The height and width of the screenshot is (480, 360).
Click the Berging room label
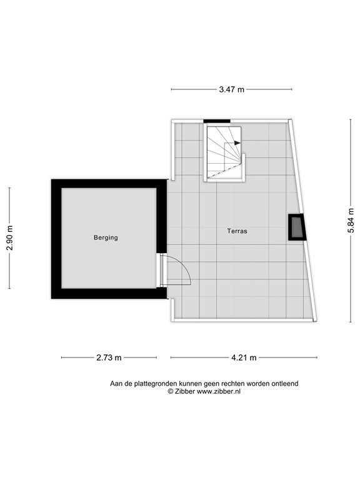(x=106, y=237)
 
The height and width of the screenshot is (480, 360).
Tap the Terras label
(x=237, y=231)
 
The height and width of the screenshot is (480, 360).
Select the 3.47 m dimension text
(x=231, y=89)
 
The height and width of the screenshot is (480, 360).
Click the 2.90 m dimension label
(x=9, y=237)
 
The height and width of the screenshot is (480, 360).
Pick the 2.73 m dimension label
(x=109, y=357)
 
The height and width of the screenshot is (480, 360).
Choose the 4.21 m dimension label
(x=243, y=357)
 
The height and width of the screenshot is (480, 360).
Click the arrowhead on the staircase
(x=237, y=143)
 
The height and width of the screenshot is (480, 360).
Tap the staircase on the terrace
(x=224, y=152)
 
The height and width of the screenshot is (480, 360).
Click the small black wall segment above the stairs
(x=217, y=121)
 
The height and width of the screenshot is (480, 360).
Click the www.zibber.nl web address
(x=219, y=391)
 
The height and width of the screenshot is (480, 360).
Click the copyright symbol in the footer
(x=170, y=391)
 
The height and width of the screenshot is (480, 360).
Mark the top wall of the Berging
(x=109, y=184)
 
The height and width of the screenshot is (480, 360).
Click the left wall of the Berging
(x=56, y=238)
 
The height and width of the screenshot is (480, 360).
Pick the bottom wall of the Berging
(x=109, y=293)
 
